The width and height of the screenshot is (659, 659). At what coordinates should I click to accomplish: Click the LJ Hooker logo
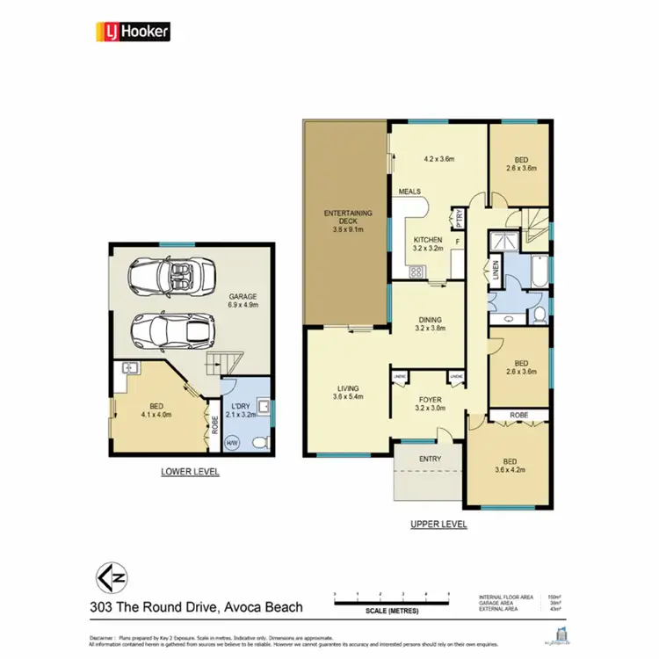coord(132,32)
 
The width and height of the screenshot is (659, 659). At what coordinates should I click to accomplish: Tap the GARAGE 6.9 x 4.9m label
coord(243,301)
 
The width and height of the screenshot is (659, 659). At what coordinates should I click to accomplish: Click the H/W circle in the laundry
coord(232,443)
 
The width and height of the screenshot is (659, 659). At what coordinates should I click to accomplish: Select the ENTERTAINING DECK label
coord(348,219)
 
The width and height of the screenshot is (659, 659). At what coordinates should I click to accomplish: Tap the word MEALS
coord(409,192)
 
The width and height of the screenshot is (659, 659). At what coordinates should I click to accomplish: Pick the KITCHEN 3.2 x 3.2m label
coord(429,243)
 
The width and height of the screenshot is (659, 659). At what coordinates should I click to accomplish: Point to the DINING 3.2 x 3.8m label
coord(429,324)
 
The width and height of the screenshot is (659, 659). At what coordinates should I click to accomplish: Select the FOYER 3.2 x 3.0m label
coord(430,404)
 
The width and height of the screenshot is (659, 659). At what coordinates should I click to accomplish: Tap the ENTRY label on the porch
coord(430,459)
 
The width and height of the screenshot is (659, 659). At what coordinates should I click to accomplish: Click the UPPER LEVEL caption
coord(438,525)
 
